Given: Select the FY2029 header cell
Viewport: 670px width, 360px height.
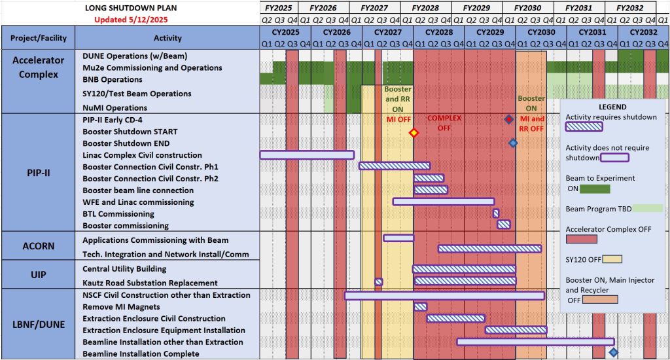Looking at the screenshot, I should (476, 8).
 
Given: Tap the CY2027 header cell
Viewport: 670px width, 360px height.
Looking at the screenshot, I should (387, 32).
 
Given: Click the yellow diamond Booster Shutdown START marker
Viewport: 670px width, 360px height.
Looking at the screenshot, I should (413, 133).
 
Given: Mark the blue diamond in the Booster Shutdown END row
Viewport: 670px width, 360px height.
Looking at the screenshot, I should (513, 143).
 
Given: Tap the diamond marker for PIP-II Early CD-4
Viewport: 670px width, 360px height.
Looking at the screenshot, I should (508, 119).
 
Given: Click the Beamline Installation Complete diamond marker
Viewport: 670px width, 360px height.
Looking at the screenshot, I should (613, 352).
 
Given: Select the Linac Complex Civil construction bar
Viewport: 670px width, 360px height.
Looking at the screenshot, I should (307, 155).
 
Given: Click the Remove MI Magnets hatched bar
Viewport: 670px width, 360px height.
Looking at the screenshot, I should (420, 306).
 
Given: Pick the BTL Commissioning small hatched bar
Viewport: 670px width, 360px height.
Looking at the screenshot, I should (496, 213).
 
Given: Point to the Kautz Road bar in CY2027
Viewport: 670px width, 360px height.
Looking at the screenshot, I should (378, 282).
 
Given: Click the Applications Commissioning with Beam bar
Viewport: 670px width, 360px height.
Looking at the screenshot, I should (398, 238).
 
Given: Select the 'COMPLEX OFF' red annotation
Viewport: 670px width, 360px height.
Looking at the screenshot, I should (444, 123).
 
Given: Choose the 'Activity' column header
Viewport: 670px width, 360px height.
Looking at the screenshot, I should (167, 38).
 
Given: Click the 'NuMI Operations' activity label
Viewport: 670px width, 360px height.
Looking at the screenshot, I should (115, 107).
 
